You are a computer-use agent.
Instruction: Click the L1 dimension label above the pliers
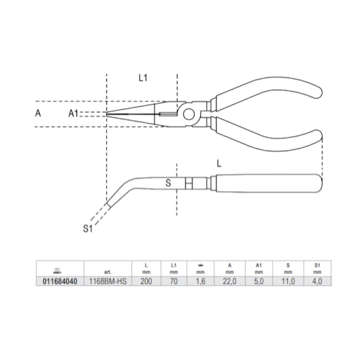tap(143, 78)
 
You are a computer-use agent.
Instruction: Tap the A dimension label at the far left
tap(38, 113)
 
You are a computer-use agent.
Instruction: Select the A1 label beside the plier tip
tap(73, 114)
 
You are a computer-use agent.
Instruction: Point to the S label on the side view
tap(168, 183)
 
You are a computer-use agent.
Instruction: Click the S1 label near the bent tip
tap(88, 228)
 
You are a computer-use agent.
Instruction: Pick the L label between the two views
tap(219, 164)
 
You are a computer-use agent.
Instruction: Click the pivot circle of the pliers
tap(189, 114)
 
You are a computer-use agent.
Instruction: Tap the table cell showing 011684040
tap(60, 281)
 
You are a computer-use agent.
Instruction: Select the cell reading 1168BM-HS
tap(107, 281)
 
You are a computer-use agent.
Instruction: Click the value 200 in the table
tap(146, 281)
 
